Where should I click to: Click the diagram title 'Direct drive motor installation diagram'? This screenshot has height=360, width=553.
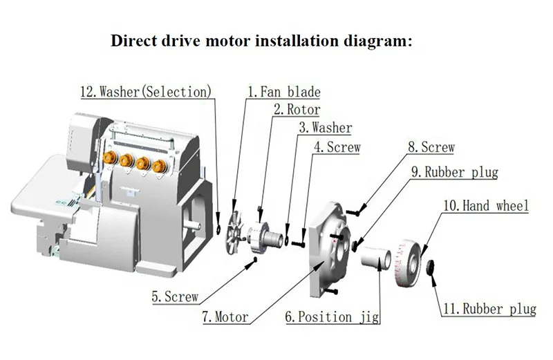262,40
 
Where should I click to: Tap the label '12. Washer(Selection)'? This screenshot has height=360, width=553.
147,91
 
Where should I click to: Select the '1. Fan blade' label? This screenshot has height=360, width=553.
284,91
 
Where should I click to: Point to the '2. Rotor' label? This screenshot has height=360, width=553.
297,109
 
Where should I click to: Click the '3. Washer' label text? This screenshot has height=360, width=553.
325,128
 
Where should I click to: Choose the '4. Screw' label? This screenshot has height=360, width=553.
337,147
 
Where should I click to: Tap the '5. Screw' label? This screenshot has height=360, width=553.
176,297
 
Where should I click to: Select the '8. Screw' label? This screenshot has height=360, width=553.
431,148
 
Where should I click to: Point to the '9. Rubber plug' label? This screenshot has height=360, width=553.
454,171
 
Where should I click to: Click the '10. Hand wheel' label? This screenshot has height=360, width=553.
485,205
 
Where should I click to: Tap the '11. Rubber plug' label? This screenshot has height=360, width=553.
489,309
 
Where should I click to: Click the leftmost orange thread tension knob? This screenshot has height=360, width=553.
110,161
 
